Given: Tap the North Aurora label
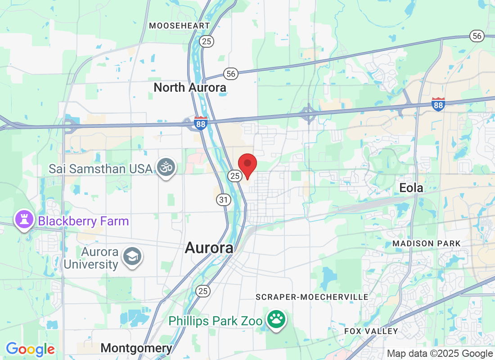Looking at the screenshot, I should click(x=190, y=87).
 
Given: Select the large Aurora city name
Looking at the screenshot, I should click(x=209, y=248).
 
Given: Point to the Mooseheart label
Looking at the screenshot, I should click(x=180, y=26).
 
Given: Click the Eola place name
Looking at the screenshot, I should click(x=411, y=188).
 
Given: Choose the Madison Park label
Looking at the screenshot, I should click(x=427, y=243).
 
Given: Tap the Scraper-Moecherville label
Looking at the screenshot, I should click(x=312, y=297).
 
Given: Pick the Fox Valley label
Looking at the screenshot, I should click(x=371, y=331).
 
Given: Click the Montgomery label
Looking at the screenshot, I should click(x=136, y=348).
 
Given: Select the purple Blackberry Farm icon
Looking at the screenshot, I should click(x=23, y=220).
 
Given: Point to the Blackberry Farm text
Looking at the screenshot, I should click(x=84, y=221).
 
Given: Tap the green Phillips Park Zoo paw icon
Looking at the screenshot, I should click(x=276, y=320).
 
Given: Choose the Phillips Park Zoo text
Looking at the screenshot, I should click(x=216, y=321).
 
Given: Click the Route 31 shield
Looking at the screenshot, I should click(x=223, y=199).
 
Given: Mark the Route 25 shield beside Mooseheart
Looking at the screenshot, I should click(x=207, y=41).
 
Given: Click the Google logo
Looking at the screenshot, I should click(x=30, y=349).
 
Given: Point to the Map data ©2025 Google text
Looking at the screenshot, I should click(x=440, y=354).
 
